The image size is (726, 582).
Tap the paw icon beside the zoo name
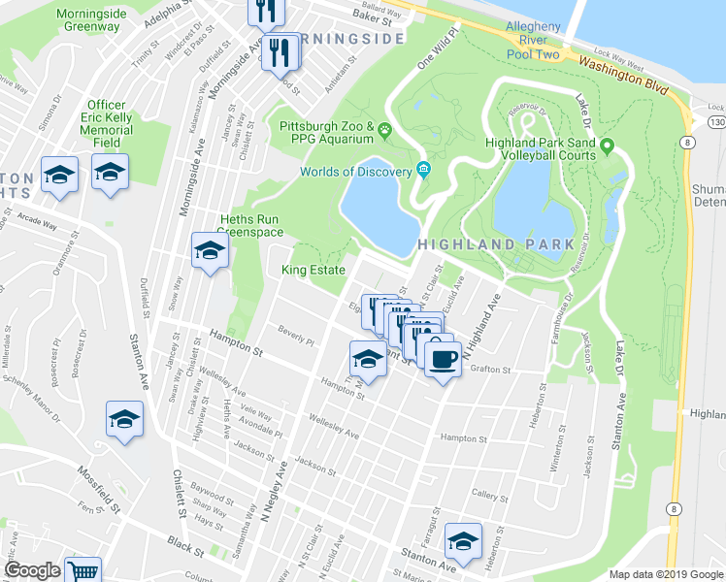click(386, 127)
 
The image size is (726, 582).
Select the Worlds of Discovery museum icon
click(425, 172)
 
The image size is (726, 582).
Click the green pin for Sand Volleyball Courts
click(608, 147)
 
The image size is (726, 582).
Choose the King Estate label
click(313, 271)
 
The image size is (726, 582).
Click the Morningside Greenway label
click(88, 19)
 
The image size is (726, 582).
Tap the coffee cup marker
click(443, 359)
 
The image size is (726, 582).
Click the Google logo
click(32, 570)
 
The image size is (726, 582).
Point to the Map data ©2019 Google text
click(666, 574)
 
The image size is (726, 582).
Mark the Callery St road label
click(489, 494)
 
